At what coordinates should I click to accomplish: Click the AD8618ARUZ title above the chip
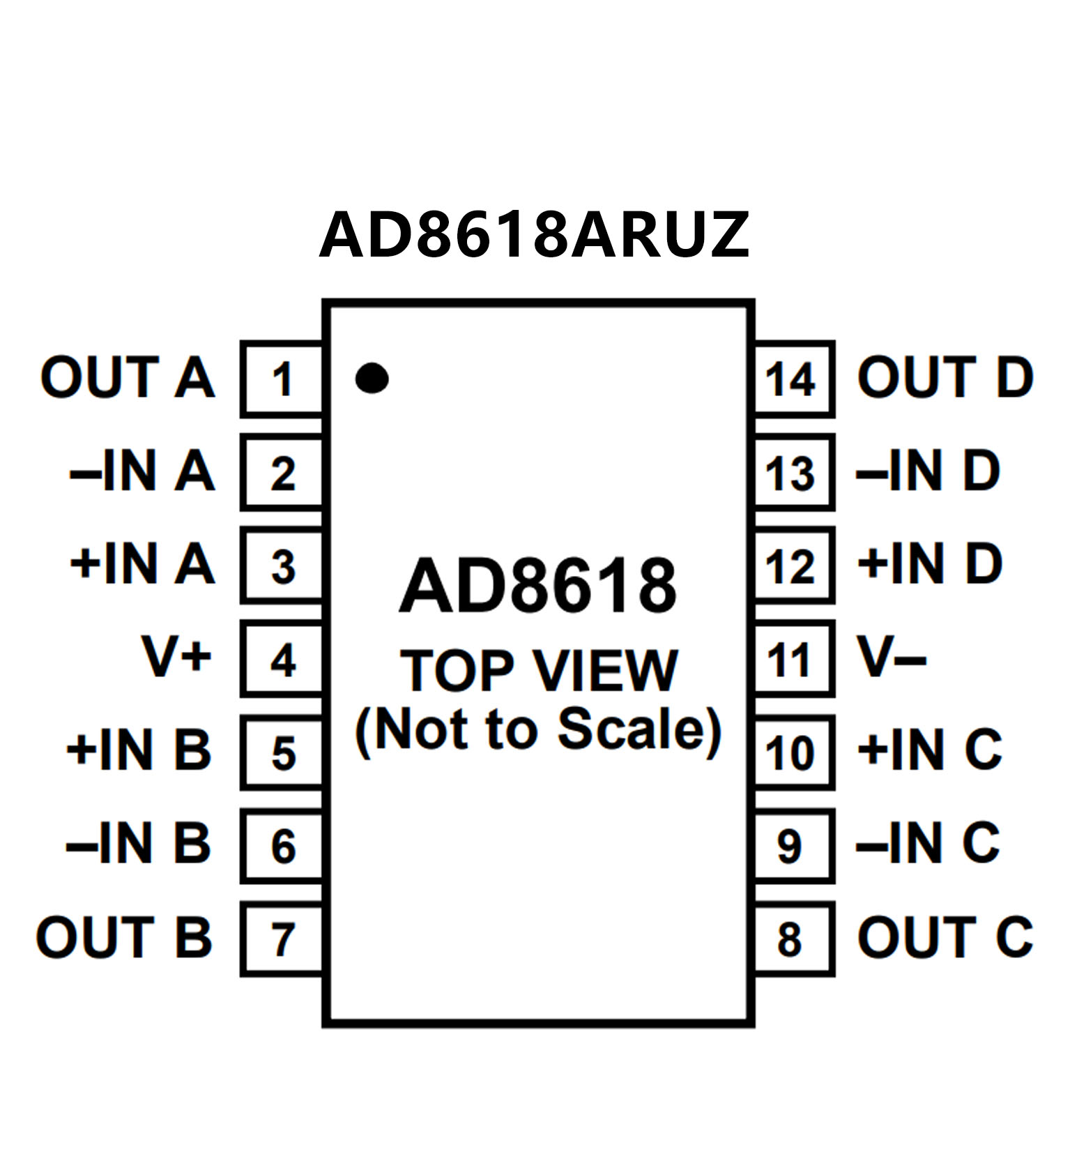point(534,235)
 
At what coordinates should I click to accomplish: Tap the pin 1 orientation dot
point(372,378)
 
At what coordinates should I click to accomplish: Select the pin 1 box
point(282,379)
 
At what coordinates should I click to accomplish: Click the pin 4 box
point(282,660)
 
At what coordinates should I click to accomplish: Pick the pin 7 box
point(282,939)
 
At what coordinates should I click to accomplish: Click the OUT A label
point(128,377)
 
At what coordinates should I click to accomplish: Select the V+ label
point(176,656)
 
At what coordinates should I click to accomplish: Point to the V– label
point(892,656)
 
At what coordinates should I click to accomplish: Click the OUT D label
point(945,377)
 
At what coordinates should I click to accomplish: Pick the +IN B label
point(138,750)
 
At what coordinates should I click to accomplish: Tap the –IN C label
point(928,843)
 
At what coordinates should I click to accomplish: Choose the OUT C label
point(945,936)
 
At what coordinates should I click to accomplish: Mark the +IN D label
point(930,563)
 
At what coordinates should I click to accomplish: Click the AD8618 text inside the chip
point(537,586)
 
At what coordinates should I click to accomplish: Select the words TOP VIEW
point(538,670)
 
